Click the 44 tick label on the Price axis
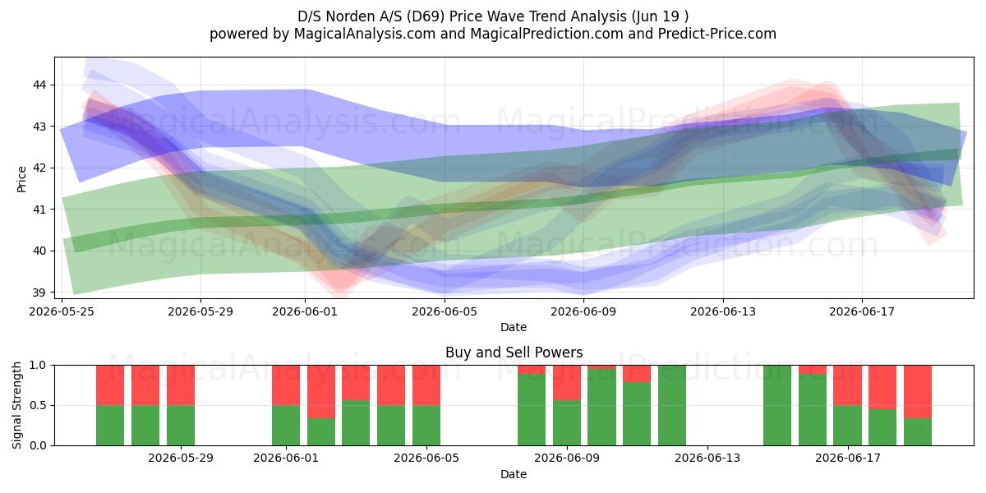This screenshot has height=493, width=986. (x=39, y=85)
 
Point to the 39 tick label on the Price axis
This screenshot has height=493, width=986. (x=39, y=293)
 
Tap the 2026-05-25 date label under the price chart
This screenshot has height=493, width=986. (x=62, y=311)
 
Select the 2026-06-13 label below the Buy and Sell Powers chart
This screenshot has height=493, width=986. (x=707, y=458)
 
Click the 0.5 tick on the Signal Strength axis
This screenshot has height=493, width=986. (x=38, y=405)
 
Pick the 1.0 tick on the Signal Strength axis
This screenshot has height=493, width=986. (x=38, y=365)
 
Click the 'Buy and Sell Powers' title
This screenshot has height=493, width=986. (x=514, y=352)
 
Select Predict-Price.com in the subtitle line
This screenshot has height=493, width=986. (x=717, y=34)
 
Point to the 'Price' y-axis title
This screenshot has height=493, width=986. (x=21, y=179)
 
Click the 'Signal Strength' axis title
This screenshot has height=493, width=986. (x=16, y=405)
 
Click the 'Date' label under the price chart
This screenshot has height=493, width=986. (x=514, y=327)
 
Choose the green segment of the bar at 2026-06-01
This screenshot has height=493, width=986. (x=286, y=426)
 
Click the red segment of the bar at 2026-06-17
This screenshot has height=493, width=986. (x=847, y=385)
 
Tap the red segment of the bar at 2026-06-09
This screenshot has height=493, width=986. (x=566, y=383)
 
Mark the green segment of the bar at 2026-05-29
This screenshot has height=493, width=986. (x=181, y=426)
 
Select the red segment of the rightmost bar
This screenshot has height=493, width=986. (x=918, y=392)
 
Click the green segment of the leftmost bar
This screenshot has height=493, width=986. (x=110, y=426)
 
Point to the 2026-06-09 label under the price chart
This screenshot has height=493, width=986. (x=583, y=311)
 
